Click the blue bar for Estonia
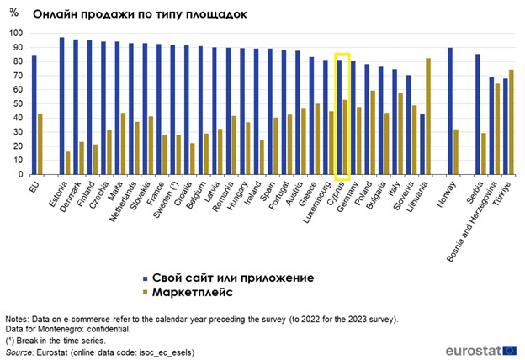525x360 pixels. [62, 106]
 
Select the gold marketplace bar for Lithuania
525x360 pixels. [429, 117]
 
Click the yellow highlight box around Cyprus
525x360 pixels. [342, 116]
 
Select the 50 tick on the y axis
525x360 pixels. [15, 104]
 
